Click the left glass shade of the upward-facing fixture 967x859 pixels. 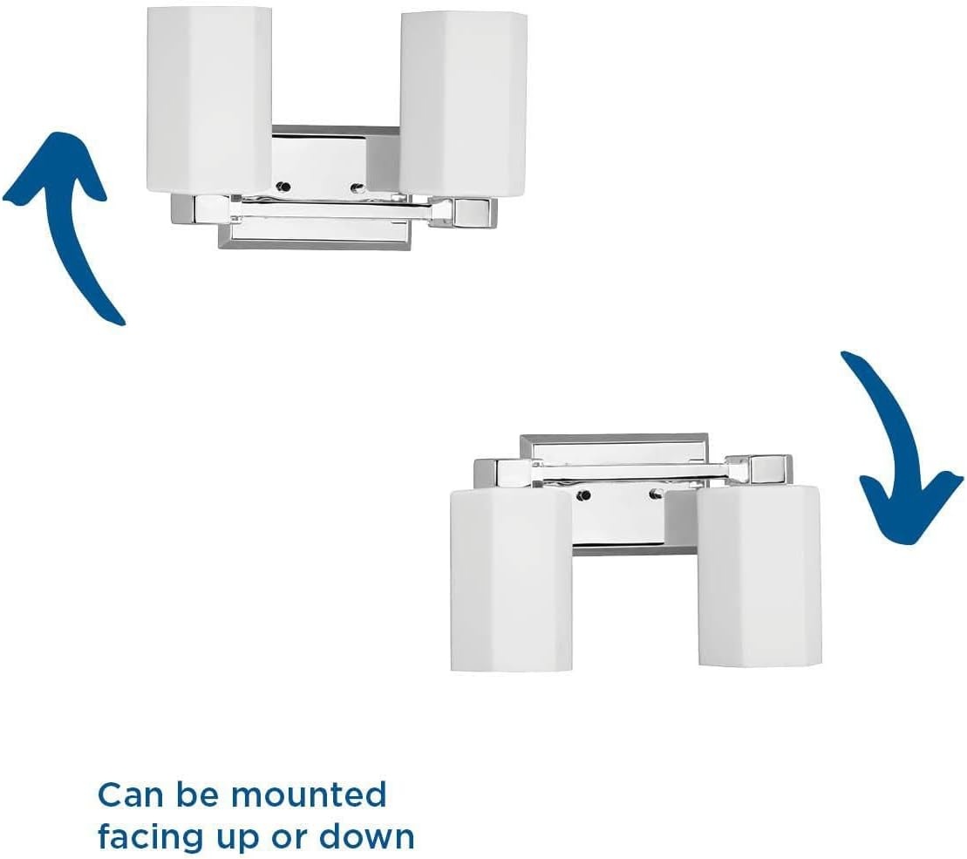(209, 100)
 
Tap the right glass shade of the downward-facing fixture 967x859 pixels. (759, 576)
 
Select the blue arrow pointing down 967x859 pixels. (895, 444)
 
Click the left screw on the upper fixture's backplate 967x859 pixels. (283, 187)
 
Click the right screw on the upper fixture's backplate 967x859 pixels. (357, 187)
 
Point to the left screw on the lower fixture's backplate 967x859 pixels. (583, 494)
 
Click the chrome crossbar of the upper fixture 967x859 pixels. (333, 212)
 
